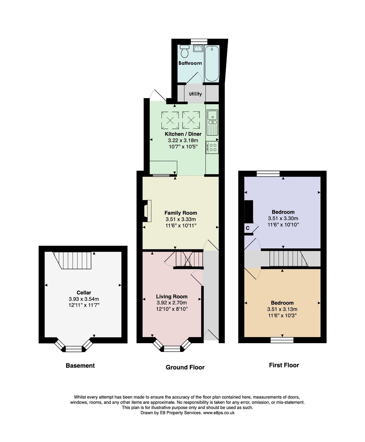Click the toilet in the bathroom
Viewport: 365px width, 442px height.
[185, 51]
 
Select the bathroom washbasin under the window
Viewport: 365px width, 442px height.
[198, 49]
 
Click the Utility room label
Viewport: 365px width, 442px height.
[195, 94]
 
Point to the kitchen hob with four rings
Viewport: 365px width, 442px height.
[212, 147]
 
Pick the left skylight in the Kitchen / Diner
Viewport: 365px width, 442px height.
[170, 120]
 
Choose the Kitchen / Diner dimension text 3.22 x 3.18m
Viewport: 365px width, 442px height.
[183, 140]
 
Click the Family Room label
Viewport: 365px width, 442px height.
[181, 213]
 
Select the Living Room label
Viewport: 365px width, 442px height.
[172, 296]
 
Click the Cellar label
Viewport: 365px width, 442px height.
[84, 292]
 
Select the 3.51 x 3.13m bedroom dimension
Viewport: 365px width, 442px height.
[282, 309]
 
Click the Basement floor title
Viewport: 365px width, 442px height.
[80, 366]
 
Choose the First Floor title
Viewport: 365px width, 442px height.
[284, 365]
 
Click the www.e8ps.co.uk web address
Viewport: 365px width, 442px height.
[219, 413]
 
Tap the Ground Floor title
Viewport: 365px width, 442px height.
[185, 367]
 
